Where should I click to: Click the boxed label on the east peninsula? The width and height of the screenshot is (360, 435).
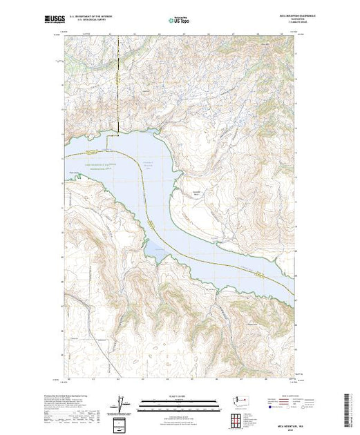tap(196, 193)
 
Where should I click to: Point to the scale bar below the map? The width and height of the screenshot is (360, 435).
tap(180, 401)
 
